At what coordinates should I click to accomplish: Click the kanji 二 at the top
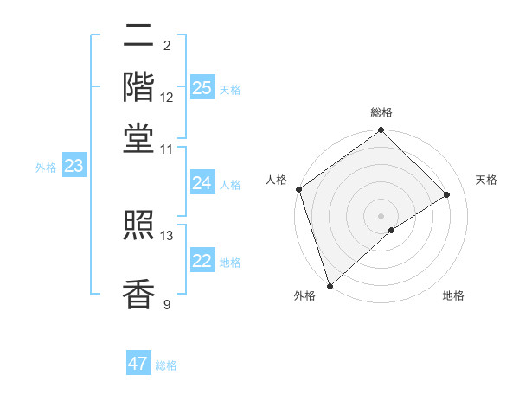(138, 36)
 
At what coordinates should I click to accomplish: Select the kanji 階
(138, 86)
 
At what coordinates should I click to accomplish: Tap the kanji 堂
(138, 136)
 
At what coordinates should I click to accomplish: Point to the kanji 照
(138, 226)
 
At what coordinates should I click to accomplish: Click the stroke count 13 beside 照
(167, 235)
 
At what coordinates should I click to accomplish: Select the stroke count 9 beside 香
(167, 303)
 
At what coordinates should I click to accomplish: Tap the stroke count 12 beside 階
(167, 97)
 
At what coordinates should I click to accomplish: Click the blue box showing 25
(202, 87)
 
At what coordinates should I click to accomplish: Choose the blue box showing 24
(202, 183)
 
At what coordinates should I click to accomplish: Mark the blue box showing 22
(202, 261)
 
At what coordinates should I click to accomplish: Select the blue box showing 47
(138, 364)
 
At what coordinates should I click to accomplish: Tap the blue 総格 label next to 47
(166, 365)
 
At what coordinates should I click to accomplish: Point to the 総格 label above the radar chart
(381, 112)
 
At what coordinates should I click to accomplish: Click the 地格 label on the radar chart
(453, 296)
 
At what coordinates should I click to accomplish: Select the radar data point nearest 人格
(298, 190)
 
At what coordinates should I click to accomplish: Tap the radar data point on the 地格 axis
(392, 230)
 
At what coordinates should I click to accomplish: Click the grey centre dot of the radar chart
(381, 215)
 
